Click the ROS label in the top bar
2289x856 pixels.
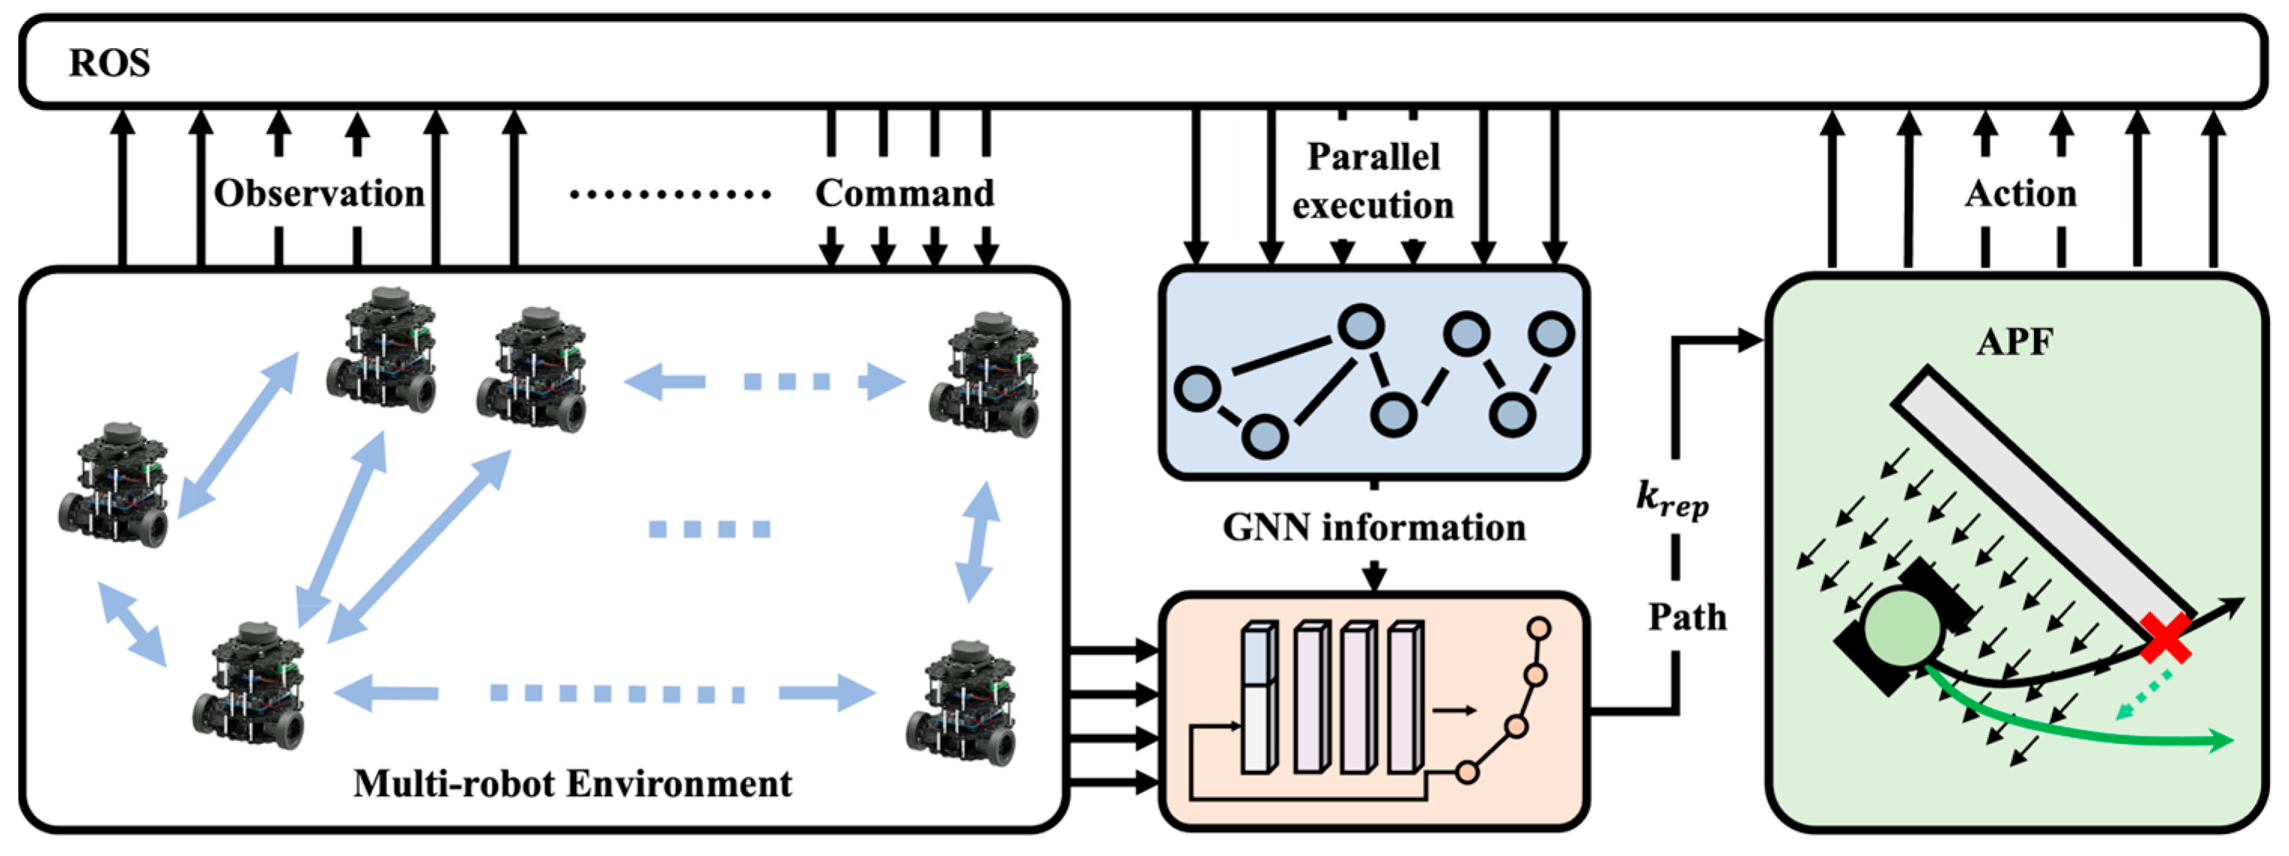109,63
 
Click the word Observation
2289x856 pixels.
319,193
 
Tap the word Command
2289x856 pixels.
905,193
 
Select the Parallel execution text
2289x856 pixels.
1373,181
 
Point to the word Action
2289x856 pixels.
2021,193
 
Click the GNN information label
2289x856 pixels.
1374,527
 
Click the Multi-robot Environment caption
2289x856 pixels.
572,784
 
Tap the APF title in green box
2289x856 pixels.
2015,342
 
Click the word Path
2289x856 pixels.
1687,617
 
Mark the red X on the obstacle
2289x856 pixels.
2166,637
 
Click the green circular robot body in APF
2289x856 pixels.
1902,628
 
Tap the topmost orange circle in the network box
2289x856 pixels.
1539,630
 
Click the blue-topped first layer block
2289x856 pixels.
1258,656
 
